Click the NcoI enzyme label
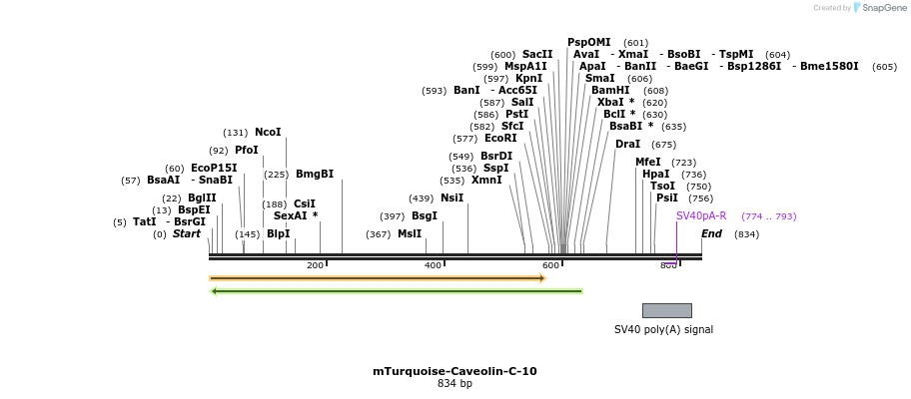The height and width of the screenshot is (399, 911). click(268, 133)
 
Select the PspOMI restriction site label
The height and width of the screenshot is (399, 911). click(588, 42)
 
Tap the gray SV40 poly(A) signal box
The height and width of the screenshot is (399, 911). click(666, 310)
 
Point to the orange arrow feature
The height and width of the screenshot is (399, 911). click(377, 278)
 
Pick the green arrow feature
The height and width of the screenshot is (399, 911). click(397, 291)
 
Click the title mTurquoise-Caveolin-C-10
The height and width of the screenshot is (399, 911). click(455, 371)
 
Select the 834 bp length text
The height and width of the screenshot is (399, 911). click(455, 383)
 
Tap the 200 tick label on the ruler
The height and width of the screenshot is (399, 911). click(316, 265)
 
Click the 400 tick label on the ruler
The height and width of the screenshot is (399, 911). click(434, 265)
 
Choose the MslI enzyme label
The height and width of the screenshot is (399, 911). click(410, 234)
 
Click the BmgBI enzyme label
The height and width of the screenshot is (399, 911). click(315, 175)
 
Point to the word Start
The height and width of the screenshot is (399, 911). click(187, 234)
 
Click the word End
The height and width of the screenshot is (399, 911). click(711, 234)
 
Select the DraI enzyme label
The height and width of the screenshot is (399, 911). click(627, 145)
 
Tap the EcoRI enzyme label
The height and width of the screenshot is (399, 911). click(500, 139)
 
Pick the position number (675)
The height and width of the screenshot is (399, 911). click(664, 145)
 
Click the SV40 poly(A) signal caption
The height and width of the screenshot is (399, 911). click(663, 329)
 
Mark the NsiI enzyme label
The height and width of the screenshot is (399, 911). click(452, 199)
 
